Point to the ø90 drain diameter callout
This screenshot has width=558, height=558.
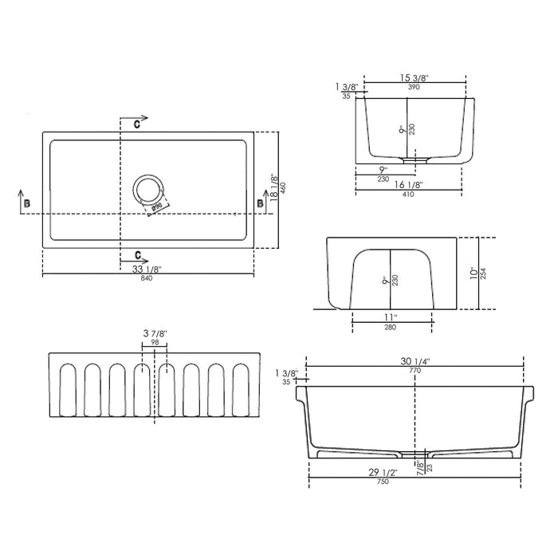[157, 207]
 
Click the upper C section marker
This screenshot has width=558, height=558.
[137, 124]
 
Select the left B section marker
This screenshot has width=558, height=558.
[28, 204]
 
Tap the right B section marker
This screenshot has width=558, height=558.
[259, 204]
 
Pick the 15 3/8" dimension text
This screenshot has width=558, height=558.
[414, 77]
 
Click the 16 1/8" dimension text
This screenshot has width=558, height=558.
[408, 184]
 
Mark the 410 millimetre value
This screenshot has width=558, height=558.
[408, 194]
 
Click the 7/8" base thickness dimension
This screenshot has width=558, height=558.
[420, 470]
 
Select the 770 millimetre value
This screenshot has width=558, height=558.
[415, 371]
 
